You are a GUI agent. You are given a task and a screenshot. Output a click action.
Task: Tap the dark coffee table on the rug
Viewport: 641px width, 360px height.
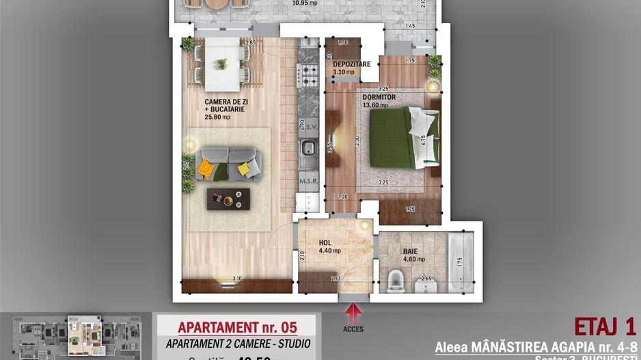[228, 198]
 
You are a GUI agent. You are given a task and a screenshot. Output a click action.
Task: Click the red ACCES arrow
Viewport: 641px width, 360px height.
[354, 313]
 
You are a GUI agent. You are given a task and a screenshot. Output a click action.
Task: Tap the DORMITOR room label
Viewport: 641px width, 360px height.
[379, 98]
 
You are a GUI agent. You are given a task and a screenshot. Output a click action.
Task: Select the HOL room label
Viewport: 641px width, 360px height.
[325, 243]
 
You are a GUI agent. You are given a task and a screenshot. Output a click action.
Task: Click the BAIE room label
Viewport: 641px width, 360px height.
[410, 251]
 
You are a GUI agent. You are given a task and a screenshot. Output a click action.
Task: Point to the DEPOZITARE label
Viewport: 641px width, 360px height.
[352, 64]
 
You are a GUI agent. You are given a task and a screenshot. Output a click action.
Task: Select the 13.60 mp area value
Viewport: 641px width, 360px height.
[375, 105]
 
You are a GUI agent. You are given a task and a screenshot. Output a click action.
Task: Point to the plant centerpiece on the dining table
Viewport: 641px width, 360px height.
[221, 64]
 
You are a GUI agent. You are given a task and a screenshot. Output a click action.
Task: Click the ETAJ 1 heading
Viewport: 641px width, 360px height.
[605, 327]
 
